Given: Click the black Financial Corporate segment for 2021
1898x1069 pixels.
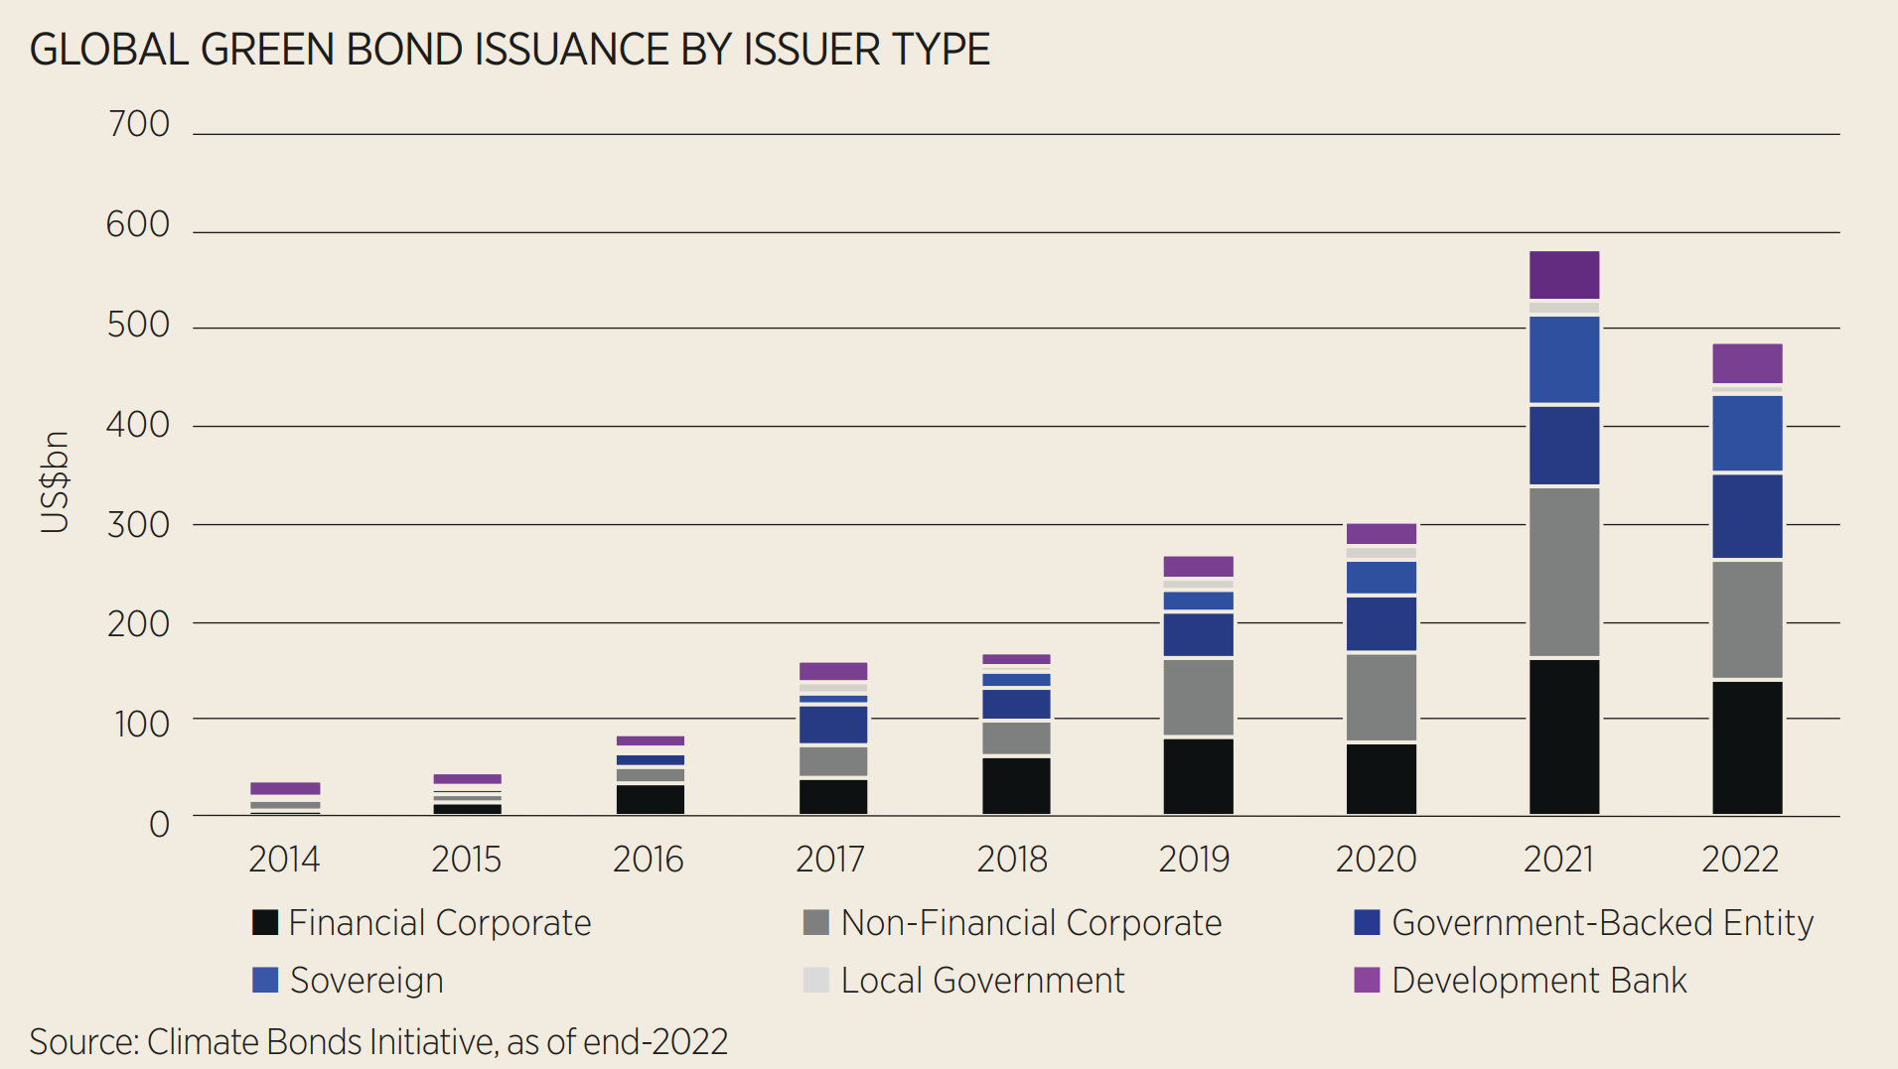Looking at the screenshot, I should coord(1564,736).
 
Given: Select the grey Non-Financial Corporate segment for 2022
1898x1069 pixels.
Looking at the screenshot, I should coord(1747,619).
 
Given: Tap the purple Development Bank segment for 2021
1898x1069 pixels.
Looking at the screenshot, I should coord(1564,275).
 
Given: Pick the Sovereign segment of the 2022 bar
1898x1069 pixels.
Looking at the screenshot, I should coord(1747,433).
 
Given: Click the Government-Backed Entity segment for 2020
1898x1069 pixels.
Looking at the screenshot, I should coord(1382,623).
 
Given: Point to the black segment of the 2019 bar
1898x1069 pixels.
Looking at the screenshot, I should coord(1198,776).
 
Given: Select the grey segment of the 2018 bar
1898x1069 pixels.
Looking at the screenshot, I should coord(1016,737).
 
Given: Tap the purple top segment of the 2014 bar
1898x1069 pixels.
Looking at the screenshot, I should coord(285,788).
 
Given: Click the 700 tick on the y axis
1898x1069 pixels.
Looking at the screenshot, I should coord(139,125).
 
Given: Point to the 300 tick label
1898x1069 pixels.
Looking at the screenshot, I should coord(139,524).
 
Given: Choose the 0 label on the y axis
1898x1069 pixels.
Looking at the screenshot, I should coord(159,824).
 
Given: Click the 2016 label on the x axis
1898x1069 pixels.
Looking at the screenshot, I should coord(649,860).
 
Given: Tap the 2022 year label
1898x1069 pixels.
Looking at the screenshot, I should coord(1740,860).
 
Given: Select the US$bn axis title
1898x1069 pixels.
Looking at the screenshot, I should coord(56,482).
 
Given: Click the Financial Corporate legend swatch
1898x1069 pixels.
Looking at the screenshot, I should coord(265,922).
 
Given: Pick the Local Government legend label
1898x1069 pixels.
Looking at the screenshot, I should coord(982,981).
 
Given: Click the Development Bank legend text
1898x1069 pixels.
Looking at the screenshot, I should coord(1538,981).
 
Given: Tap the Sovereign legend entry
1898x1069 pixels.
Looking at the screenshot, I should coord(366,981).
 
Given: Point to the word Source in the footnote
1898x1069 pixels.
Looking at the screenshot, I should coord(83,1041).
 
